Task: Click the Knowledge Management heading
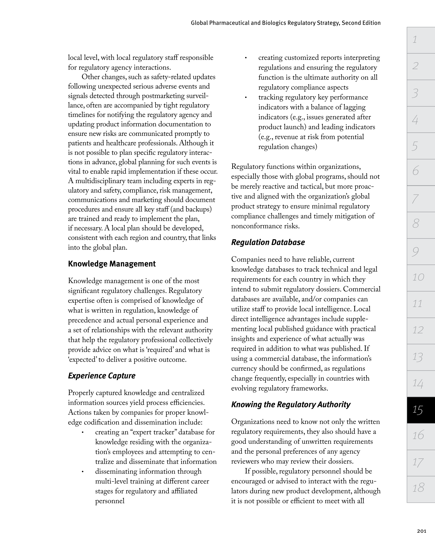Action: tap(112, 264)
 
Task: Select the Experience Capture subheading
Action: tap(102, 376)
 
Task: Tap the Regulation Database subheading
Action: tap(268, 242)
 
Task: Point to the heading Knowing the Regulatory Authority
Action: tap(291, 405)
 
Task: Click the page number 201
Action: tap(422, 531)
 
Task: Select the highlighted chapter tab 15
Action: tap(421, 410)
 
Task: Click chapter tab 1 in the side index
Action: tap(421, 40)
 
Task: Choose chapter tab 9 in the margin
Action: tap(421, 251)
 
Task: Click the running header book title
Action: tap(286, 23)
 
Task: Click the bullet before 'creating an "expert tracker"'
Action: tap(83, 433)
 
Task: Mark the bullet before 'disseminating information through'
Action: tap(83, 472)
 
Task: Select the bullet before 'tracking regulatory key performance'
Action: tap(245, 98)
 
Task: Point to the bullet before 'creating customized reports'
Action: tap(245, 58)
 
